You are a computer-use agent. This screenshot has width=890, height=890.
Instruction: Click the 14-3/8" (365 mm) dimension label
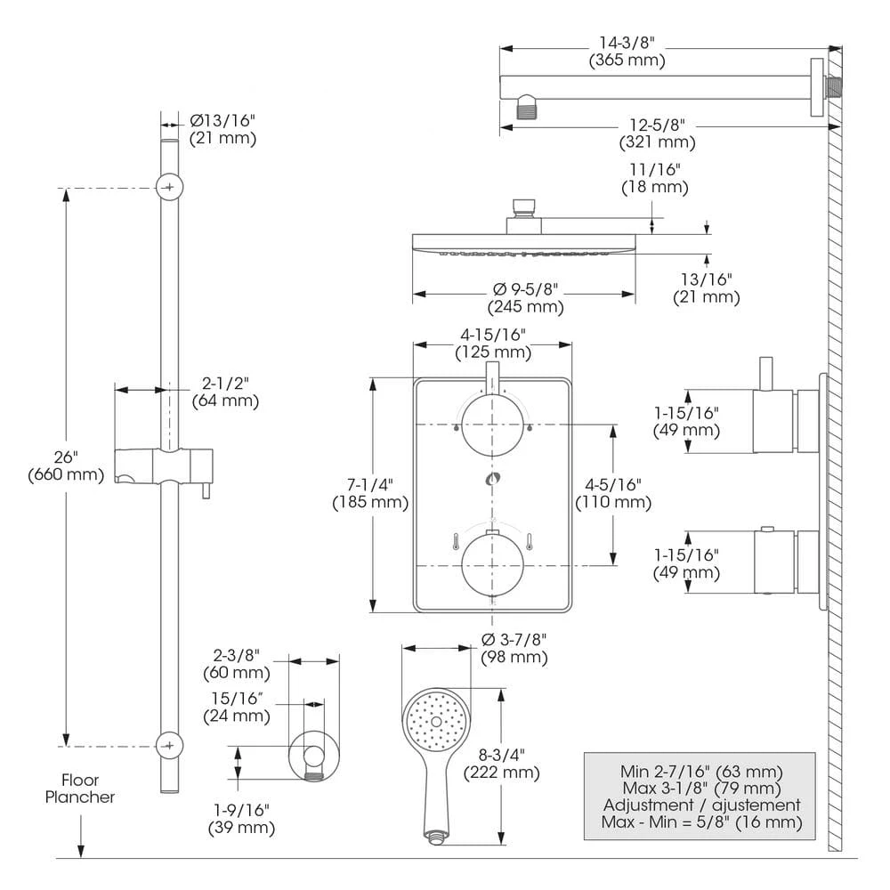627,52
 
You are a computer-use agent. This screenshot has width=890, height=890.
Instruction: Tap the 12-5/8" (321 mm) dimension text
657,133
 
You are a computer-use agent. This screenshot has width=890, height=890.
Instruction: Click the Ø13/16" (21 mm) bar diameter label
222,129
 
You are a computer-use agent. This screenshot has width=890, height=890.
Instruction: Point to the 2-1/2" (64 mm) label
225,392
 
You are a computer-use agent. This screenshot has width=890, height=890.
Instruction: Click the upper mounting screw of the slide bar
169,187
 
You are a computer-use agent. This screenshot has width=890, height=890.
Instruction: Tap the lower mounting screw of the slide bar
169,745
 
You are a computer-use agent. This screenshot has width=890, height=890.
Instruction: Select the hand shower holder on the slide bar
165,466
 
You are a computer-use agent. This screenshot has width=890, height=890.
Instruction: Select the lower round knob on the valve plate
491,562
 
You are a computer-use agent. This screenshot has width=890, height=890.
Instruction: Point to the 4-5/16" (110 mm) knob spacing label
613,493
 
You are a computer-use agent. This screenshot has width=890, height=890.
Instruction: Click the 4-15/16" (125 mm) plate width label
492,344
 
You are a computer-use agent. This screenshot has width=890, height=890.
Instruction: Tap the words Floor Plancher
80,789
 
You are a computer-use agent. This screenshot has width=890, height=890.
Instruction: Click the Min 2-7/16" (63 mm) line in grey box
701,771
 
